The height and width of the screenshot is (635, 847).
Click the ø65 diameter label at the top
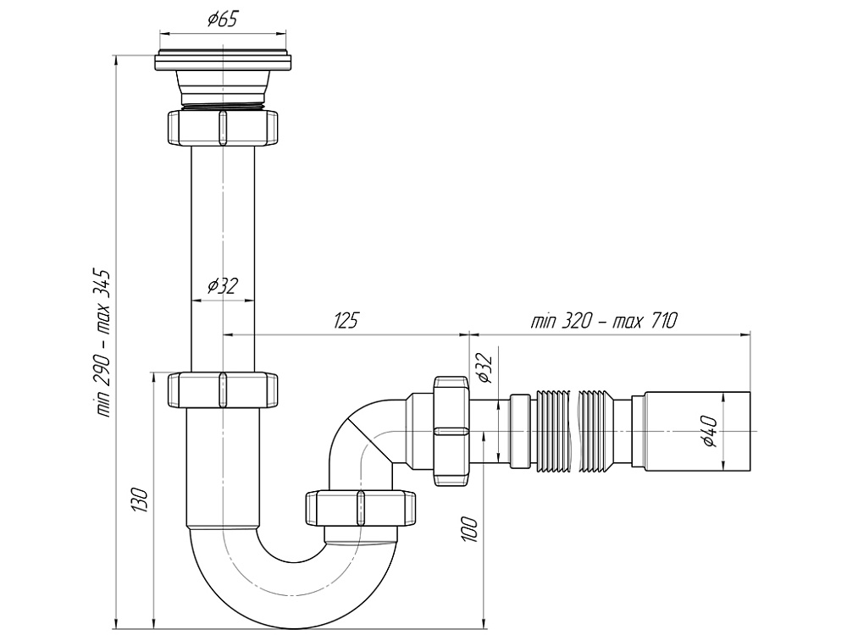[x=222, y=19]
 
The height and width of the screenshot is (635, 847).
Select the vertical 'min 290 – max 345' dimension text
[x=104, y=343]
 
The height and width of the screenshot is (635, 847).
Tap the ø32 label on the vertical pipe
[x=222, y=286]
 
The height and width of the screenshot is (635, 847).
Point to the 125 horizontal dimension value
[x=346, y=321]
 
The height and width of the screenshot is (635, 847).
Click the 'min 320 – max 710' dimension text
[x=604, y=321]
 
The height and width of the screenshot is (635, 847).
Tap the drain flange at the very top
[x=223, y=61]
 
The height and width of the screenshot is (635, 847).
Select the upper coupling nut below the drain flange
[x=223, y=127]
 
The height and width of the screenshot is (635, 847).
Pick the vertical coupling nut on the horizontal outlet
[x=451, y=431]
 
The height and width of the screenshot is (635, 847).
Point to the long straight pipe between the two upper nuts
[x=223, y=254]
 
